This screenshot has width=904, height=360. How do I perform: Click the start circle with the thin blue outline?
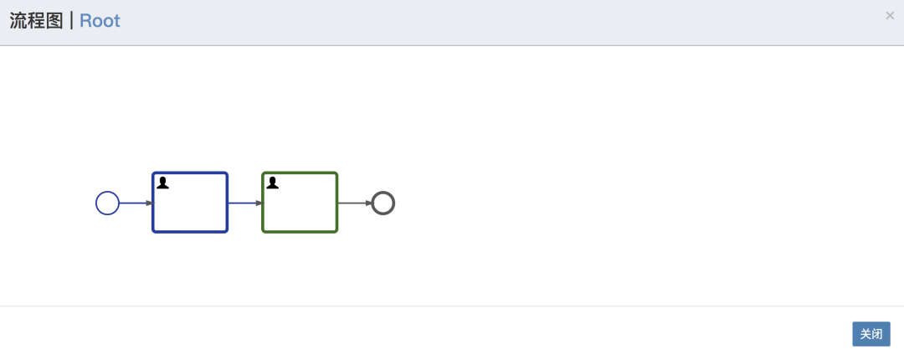(x=107, y=192)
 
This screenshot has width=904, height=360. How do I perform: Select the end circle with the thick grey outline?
(x=383, y=192)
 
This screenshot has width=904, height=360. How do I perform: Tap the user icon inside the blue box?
(x=162, y=183)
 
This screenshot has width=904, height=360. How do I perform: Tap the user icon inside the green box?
(x=272, y=183)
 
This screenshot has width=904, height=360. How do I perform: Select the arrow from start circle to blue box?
(x=136, y=203)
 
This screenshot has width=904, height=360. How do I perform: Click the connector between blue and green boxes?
(x=245, y=203)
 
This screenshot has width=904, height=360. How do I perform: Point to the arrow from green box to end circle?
(x=355, y=203)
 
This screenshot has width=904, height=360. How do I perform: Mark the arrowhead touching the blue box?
(x=149, y=203)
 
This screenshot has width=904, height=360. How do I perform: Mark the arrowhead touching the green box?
(x=259, y=203)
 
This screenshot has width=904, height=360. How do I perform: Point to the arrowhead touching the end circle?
(x=369, y=203)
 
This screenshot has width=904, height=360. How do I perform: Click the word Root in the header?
(x=100, y=21)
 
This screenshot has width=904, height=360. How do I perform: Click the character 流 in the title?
(x=18, y=21)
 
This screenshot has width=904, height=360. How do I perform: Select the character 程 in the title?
(x=36, y=21)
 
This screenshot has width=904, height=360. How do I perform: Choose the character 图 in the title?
(x=54, y=21)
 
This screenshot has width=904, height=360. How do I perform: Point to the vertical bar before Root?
(x=71, y=21)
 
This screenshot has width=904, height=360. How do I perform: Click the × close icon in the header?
(x=890, y=16)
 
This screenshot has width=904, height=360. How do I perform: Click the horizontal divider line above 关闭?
(x=452, y=306)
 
